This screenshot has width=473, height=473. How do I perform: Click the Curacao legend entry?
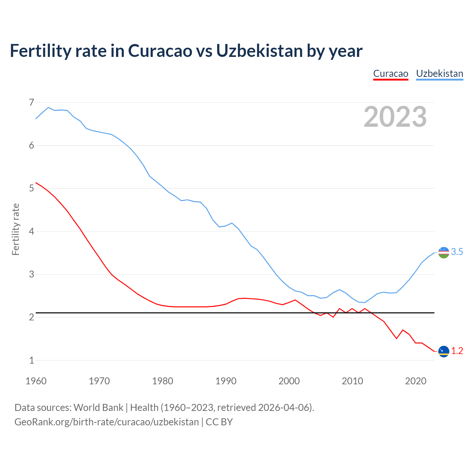(391, 74)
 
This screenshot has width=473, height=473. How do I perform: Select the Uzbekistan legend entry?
(439, 74)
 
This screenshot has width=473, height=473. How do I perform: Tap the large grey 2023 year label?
(395, 117)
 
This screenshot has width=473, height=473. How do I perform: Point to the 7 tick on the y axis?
(31, 102)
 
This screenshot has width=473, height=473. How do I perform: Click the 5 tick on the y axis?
(31, 188)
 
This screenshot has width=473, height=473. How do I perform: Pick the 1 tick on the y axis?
(31, 360)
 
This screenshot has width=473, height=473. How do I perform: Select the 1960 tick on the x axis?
(36, 381)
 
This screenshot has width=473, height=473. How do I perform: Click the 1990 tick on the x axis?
(226, 381)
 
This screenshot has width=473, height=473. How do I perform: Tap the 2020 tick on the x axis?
(416, 381)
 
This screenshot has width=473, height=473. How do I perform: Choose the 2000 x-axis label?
(289, 381)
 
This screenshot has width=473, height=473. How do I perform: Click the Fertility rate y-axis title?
(16, 229)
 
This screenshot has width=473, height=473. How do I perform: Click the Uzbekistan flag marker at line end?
(443, 252)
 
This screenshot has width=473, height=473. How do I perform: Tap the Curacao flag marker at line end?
(443, 351)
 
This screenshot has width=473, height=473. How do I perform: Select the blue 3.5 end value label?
(457, 252)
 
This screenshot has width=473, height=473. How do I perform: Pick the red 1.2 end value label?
(457, 351)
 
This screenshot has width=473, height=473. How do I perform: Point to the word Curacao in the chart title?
(160, 51)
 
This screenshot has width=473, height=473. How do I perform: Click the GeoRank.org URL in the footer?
(106, 422)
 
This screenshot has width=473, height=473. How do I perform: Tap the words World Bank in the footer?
(98, 408)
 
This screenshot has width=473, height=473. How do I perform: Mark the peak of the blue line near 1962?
(48, 108)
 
